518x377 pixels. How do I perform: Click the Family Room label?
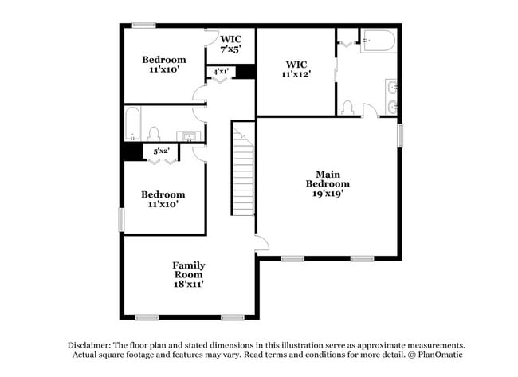coord(189,265)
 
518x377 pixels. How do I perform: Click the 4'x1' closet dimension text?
coord(221,72)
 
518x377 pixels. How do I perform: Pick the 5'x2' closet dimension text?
coord(161,151)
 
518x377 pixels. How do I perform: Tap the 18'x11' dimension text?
coord(189,283)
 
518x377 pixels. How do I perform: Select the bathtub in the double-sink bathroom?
coord(377,41)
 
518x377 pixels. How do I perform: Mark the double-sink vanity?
coord(391,96)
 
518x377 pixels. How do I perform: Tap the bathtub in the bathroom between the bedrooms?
coord(133,124)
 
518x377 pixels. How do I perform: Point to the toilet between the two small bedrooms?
coord(155,133)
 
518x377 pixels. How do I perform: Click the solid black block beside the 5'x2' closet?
coord(133,151)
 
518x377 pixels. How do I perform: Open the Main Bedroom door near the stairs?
coord(261,244)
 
